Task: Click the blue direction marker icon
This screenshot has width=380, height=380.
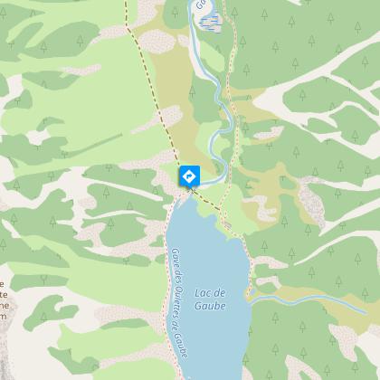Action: tap(189, 175)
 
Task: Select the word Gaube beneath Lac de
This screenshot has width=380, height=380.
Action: tap(211, 305)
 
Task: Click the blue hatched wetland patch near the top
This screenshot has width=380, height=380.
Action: tap(207, 21)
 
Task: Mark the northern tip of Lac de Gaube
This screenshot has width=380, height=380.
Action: tap(193, 195)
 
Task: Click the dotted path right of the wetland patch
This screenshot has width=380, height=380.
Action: tap(232, 36)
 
